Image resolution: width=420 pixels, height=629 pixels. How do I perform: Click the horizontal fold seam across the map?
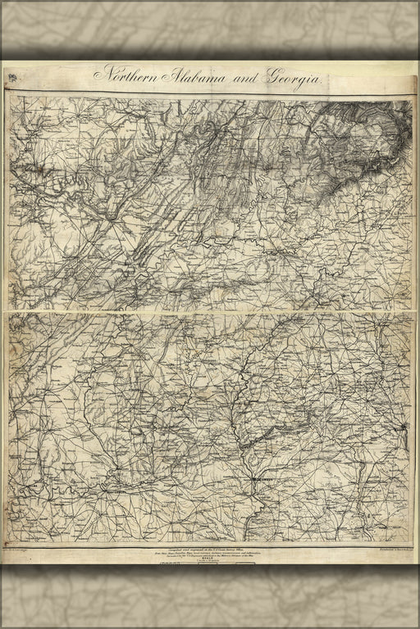[x=210, y=311]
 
